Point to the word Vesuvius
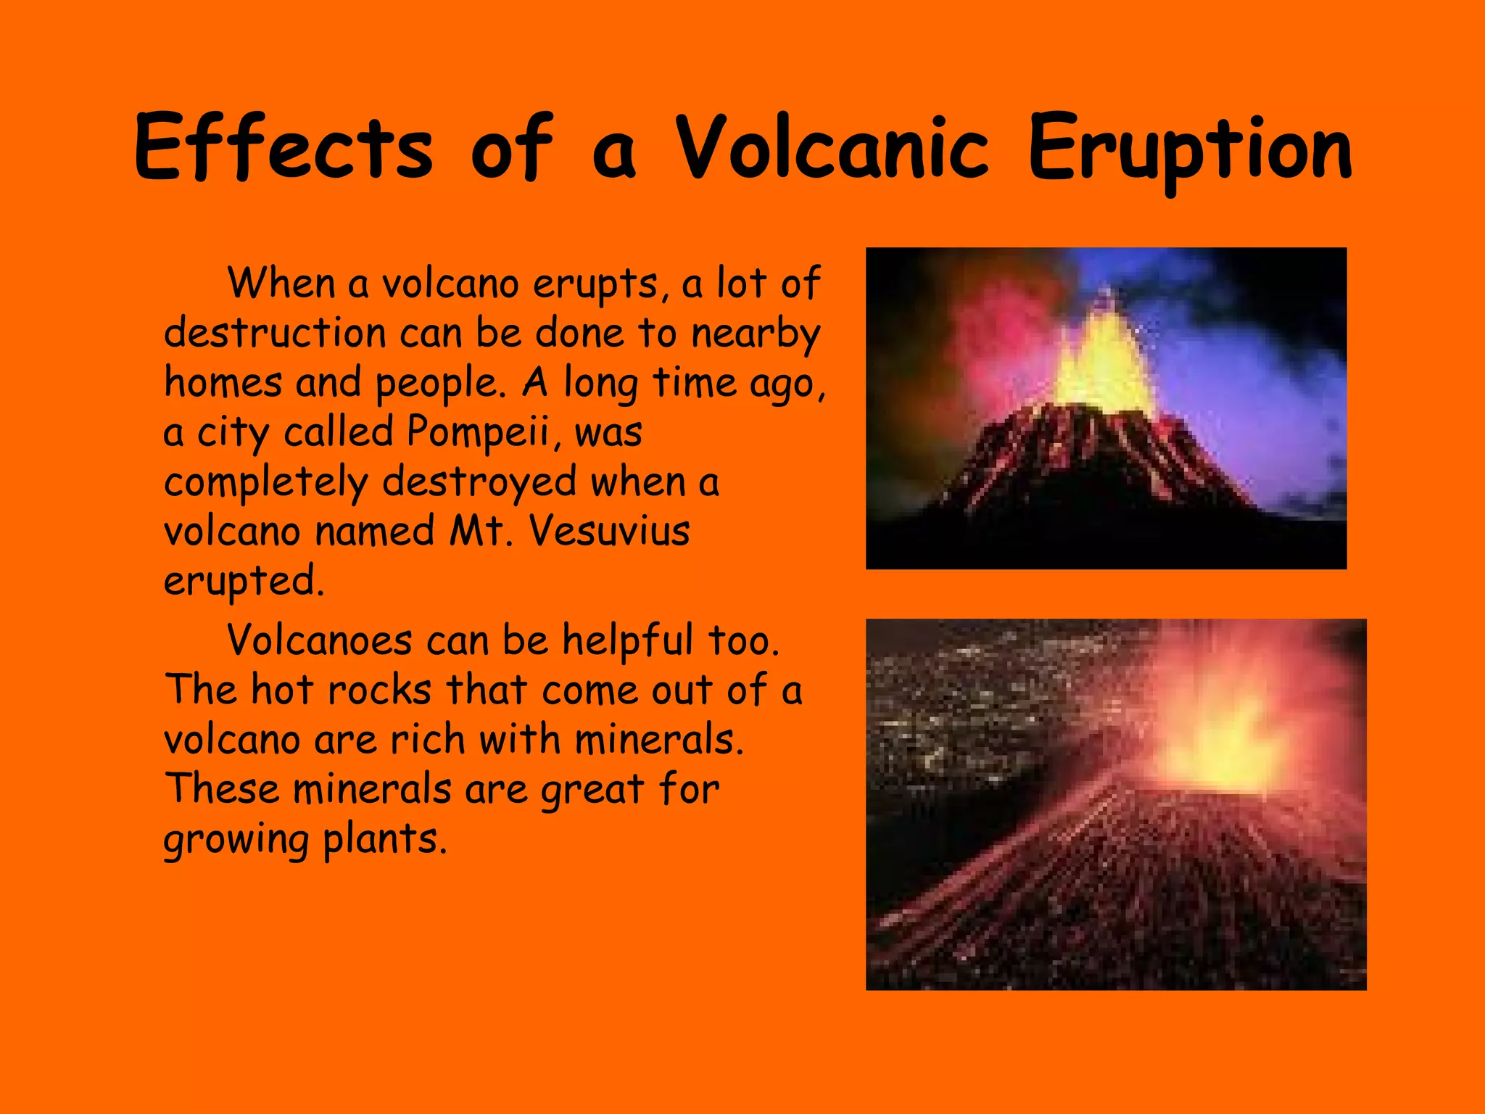pos(608,531)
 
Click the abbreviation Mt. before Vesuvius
pos(479,531)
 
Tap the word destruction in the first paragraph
pos(275,334)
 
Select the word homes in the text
pos(223,383)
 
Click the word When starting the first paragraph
pos(281,284)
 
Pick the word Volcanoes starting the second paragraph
pos(320,641)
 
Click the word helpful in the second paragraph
pos(627,641)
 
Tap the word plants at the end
pos(384,840)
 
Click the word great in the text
pos(592,791)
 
